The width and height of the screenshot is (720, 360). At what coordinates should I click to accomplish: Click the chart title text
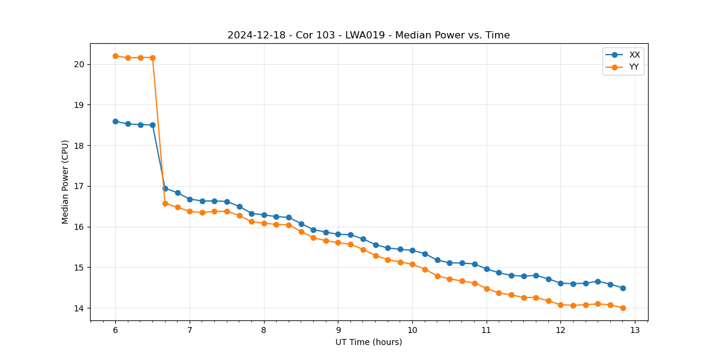(x=368, y=35)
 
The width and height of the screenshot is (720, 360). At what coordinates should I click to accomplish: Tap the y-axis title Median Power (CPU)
(x=65, y=182)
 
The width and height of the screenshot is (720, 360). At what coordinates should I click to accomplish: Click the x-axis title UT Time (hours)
(x=368, y=342)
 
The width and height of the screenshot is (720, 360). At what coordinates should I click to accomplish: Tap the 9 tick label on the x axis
(x=338, y=331)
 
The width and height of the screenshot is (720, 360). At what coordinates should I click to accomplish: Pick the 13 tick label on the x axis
(x=635, y=331)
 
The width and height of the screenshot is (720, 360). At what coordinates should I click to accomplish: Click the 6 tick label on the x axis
(x=115, y=331)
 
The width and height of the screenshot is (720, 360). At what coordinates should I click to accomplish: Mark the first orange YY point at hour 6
(x=115, y=56)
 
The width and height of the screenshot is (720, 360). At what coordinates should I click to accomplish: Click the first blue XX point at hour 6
(x=115, y=121)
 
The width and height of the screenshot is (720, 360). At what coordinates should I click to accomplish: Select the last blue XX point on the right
(x=623, y=288)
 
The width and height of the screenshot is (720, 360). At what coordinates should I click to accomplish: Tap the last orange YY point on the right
(x=623, y=308)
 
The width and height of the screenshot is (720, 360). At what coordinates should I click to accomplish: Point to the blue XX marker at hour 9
(x=338, y=234)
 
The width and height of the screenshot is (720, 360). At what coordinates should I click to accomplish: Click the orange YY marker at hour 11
(x=487, y=289)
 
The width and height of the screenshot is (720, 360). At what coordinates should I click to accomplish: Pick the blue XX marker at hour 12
(x=560, y=283)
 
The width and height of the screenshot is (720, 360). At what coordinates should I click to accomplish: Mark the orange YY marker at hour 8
(x=264, y=223)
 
